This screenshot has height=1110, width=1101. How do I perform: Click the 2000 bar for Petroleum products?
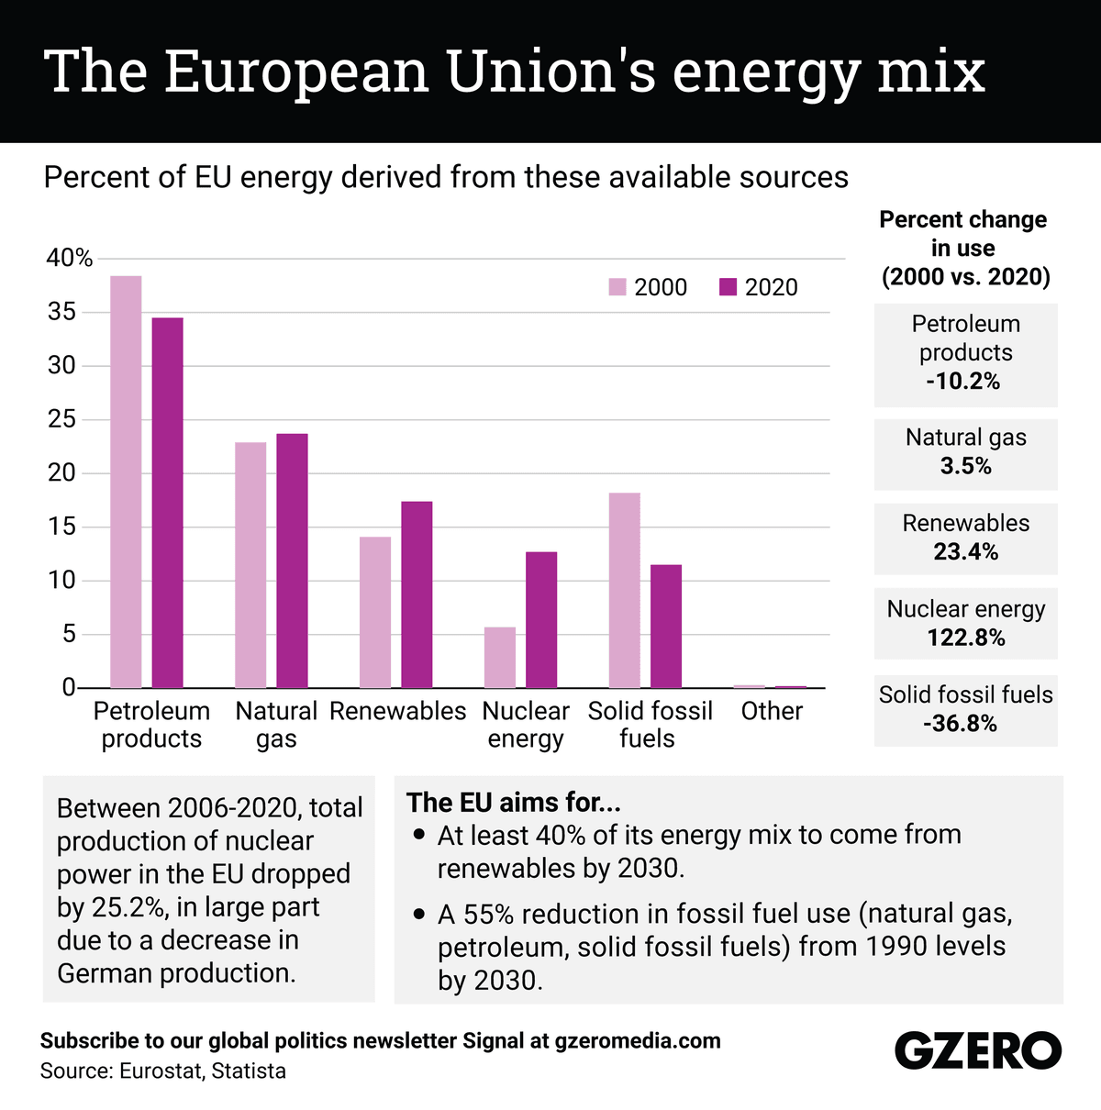126,482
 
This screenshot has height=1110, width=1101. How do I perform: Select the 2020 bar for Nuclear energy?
541,620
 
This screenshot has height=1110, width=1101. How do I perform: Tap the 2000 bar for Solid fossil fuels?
625,591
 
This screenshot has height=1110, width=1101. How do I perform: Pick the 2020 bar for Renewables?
417,594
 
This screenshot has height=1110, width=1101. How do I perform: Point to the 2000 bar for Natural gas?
250,565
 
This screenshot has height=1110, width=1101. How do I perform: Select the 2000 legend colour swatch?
617,287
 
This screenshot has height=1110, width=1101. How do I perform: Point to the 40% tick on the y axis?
70,259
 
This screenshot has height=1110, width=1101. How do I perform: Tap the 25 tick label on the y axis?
62,420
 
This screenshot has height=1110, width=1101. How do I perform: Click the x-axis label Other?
772,711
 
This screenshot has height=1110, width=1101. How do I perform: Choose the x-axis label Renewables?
398,711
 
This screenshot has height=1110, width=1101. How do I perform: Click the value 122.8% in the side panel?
966,638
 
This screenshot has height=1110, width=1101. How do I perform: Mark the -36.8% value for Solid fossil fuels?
960,724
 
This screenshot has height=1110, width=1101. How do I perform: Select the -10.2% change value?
962,382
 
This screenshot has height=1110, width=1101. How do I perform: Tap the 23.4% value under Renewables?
965,552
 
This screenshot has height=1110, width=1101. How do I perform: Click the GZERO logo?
977,1051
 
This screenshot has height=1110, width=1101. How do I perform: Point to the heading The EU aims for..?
514,803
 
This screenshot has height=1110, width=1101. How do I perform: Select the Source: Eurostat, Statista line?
163,1071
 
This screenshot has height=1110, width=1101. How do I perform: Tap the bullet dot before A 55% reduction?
419,915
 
